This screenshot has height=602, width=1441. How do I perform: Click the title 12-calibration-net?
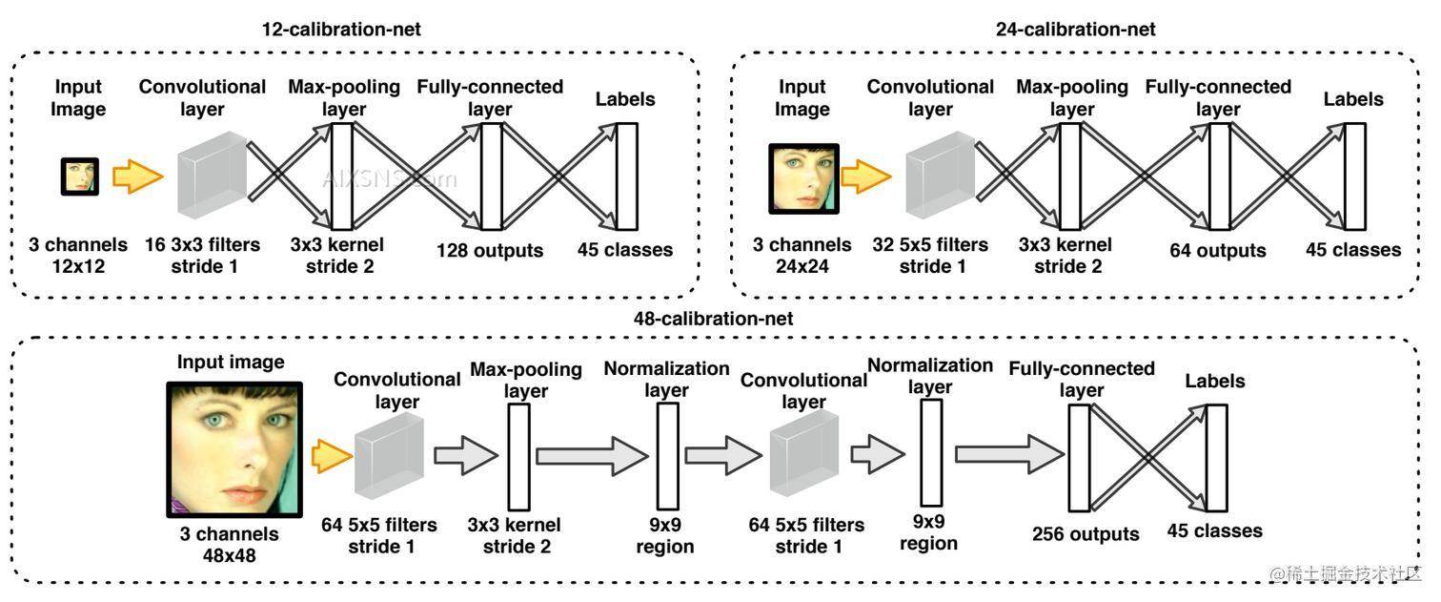click(x=340, y=30)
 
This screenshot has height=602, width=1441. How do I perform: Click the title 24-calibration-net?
click(x=1075, y=30)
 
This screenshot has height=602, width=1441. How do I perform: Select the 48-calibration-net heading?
click(x=713, y=319)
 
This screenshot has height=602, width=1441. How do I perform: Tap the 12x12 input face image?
click(x=80, y=176)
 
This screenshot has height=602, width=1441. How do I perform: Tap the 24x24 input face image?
click(x=802, y=177)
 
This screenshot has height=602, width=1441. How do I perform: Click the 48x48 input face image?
click(x=234, y=448)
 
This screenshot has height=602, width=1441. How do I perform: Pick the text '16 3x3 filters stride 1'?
click(x=202, y=256)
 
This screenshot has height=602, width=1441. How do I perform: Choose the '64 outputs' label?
click(x=1218, y=251)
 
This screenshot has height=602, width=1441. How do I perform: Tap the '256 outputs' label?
click(x=1086, y=533)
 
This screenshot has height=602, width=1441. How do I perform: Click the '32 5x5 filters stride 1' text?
click(x=931, y=256)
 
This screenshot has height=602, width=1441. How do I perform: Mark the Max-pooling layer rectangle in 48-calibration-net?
click(x=518, y=457)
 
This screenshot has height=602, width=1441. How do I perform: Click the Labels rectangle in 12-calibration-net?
click(x=625, y=176)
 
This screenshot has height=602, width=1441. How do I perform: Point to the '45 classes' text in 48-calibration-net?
click(x=1215, y=530)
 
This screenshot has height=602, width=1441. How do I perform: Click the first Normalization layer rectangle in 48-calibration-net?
click(x=668, y=455)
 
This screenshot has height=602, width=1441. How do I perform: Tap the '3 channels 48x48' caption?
click(x=230, y=543)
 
